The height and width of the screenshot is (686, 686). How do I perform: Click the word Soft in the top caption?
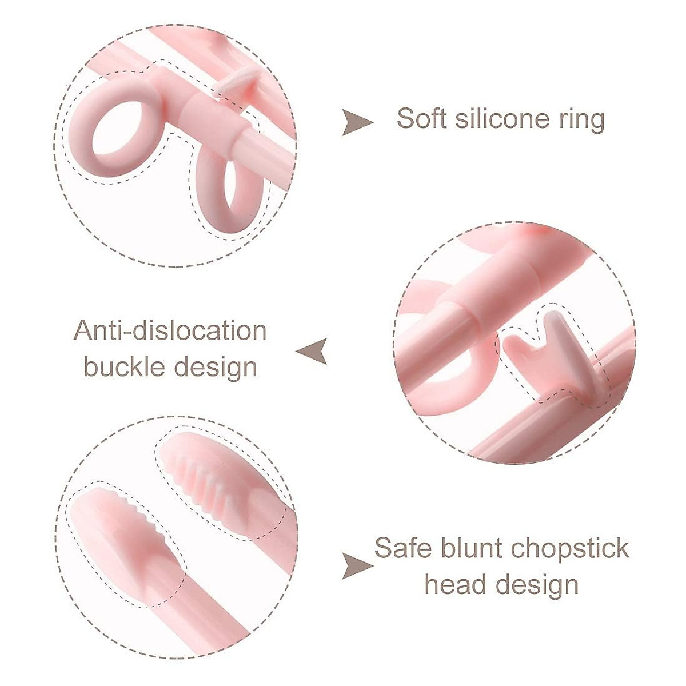(x=421, y=119)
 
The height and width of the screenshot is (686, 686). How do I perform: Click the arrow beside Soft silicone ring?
(x=356, y=122)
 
